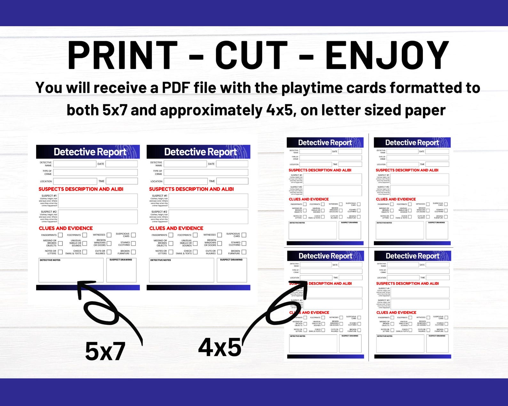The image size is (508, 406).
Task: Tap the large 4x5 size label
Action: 220,347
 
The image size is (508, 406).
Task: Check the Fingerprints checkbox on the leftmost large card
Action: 60,235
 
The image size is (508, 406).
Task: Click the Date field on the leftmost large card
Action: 122,164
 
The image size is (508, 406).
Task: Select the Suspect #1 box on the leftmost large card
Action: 98,201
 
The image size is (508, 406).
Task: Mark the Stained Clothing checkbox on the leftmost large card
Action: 133,244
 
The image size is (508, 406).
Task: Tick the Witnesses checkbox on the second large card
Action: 219,235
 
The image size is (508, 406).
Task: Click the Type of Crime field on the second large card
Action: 206,173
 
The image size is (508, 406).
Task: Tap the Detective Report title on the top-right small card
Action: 412,143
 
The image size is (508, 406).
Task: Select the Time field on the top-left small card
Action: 350,164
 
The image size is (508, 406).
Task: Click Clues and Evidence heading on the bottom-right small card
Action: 396,313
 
